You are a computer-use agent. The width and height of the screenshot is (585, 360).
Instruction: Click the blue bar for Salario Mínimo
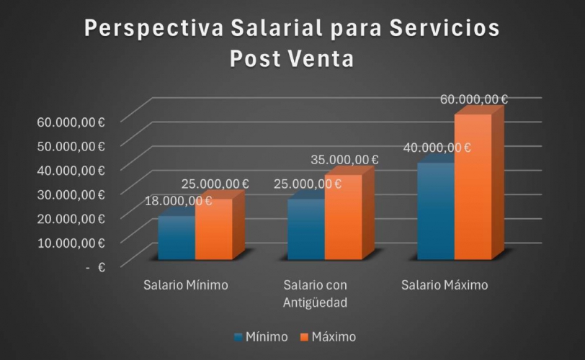point(176,238)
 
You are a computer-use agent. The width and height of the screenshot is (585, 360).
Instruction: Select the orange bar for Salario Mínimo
point(213,229)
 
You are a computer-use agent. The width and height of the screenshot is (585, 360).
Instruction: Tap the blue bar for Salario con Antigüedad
point(305,229)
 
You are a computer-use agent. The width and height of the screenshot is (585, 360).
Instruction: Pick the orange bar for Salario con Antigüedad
point(343,217)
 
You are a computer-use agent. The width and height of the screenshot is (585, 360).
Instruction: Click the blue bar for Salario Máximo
point(435,211)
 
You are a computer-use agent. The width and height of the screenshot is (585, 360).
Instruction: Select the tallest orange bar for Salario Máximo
point(473,187)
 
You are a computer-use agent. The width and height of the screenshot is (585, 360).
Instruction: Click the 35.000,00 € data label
point(344,159)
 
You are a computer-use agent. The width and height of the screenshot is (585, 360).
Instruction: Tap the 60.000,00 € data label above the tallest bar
point(474,99)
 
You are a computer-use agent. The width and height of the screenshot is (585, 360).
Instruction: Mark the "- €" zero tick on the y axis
point(96,266)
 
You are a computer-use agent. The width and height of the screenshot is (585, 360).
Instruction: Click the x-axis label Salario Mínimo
point(185,285)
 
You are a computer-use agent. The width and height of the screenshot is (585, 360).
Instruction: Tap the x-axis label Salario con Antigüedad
point(316,294)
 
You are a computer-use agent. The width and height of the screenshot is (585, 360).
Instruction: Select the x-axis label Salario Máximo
point(444,285)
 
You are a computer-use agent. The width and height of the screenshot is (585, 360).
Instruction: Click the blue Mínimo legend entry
point(260,336)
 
